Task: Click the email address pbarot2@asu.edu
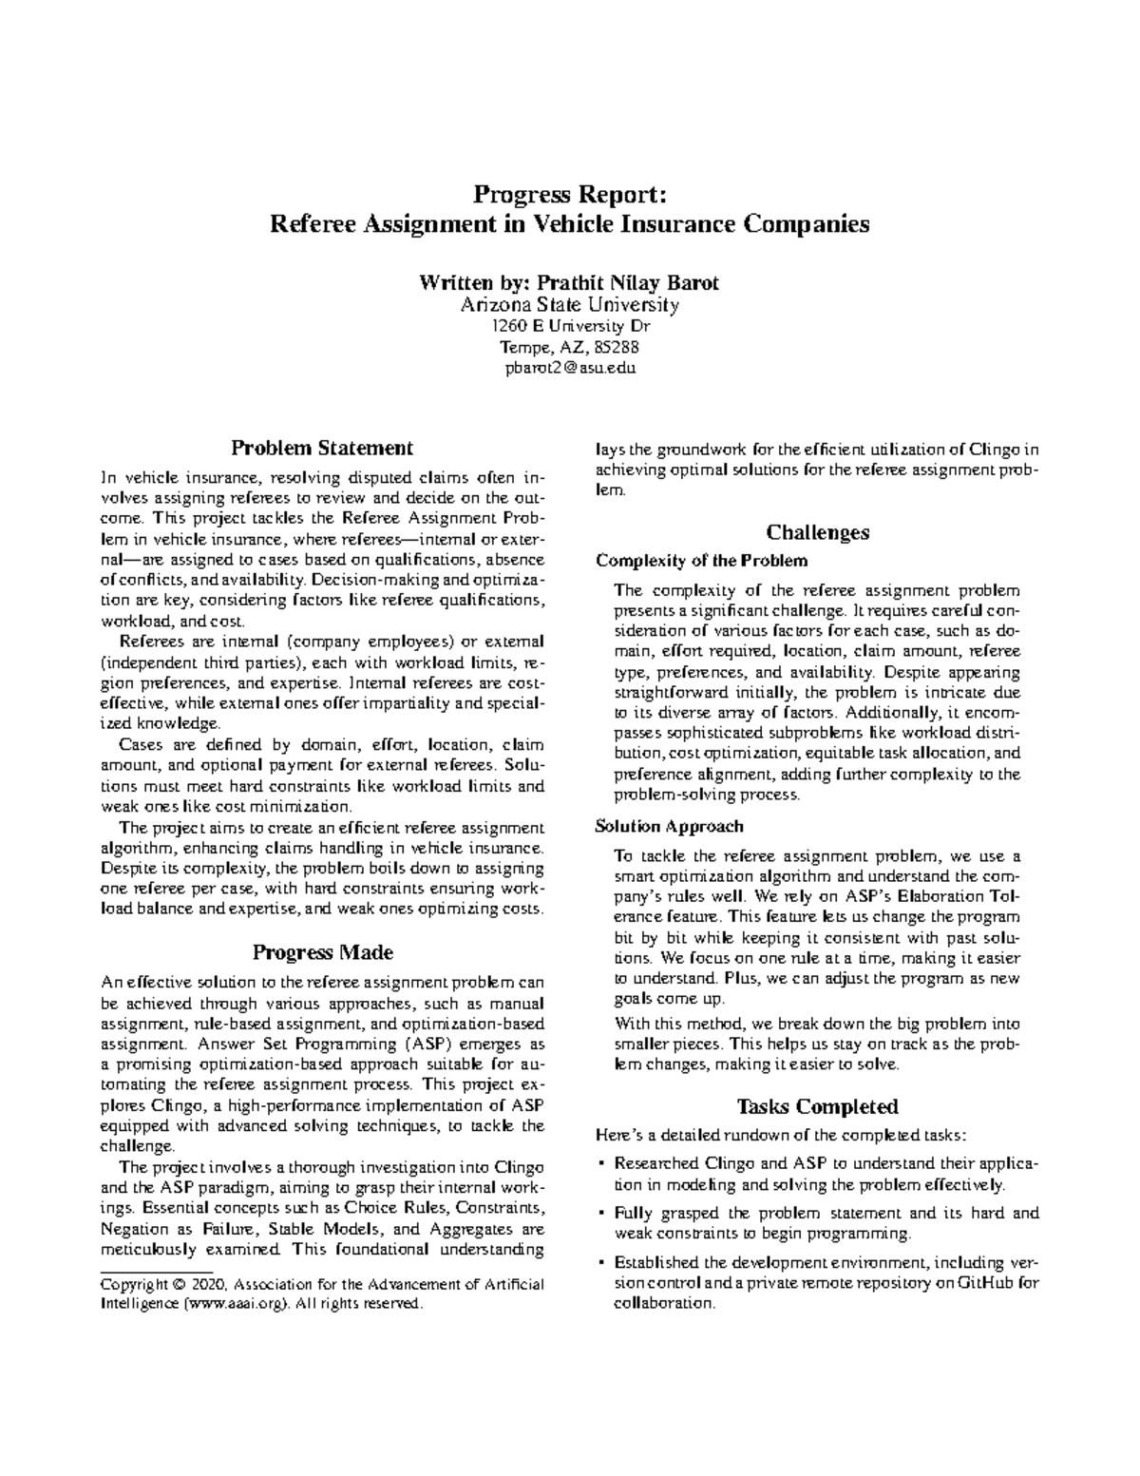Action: coord(570,368)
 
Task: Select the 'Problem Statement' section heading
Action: coord(323,447)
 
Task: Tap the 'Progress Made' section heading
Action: coord(323,952)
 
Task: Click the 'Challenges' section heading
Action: coord(818,531)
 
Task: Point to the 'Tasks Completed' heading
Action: coord(818,1106)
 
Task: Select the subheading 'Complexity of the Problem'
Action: coord(701,560)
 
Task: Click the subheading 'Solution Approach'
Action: coord(669,826)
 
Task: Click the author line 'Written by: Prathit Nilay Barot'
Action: coord(570,283)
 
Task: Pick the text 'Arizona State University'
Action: coord(570,305)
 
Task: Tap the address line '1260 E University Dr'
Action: coord(570,326)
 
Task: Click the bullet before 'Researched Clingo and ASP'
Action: coord(602,1163)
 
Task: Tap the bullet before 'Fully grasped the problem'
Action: coord(602,1214)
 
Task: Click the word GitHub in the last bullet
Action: coord(988,1283)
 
